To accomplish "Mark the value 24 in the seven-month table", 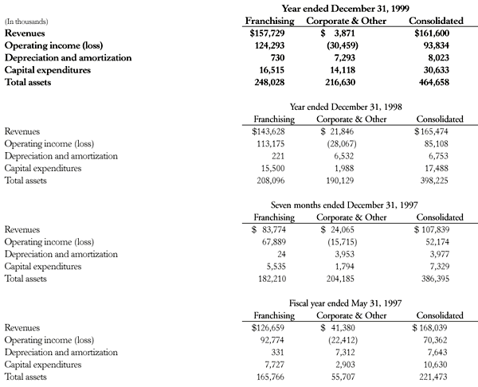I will pos(285,254).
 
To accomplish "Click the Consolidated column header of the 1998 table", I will pos(440,119).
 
